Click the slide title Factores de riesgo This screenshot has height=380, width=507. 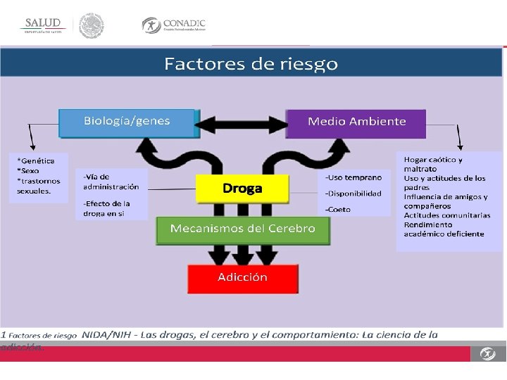251,64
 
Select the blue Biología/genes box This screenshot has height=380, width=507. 127,121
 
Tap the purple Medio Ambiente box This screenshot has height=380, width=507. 356,122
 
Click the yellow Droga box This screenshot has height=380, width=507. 242,189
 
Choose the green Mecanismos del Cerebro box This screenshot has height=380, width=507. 243,229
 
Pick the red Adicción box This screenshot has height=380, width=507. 242,277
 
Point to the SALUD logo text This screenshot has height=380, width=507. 43,23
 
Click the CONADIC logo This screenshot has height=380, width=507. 174,25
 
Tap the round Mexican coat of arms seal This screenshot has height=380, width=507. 91,25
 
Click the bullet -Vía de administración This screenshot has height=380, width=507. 111,182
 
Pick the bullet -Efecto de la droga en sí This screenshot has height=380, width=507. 106,208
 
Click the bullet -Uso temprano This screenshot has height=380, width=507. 353,177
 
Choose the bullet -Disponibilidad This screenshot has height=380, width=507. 353,194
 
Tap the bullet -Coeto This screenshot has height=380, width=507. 338,209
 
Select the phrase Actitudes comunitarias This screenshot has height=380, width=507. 446,215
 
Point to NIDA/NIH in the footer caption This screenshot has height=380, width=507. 105,334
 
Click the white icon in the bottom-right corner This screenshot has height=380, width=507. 488,354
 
